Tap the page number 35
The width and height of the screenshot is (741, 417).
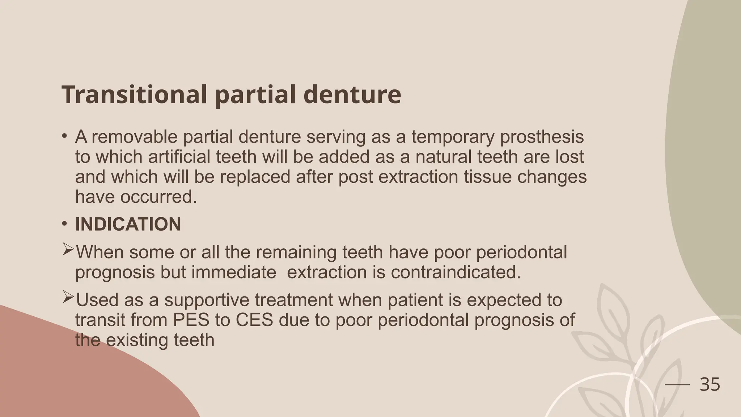(710, 384)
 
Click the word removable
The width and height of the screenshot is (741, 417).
(137, 137)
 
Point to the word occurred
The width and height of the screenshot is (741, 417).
(158, 197)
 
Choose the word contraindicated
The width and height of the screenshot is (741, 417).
(456, 272)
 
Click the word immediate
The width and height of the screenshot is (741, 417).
(234, 272)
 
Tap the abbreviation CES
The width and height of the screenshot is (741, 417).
(254, 320)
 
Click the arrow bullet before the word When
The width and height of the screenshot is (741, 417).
(68, 250)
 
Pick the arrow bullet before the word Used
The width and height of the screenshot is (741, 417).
(68, 298)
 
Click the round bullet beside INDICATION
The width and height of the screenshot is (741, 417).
(64, 224)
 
